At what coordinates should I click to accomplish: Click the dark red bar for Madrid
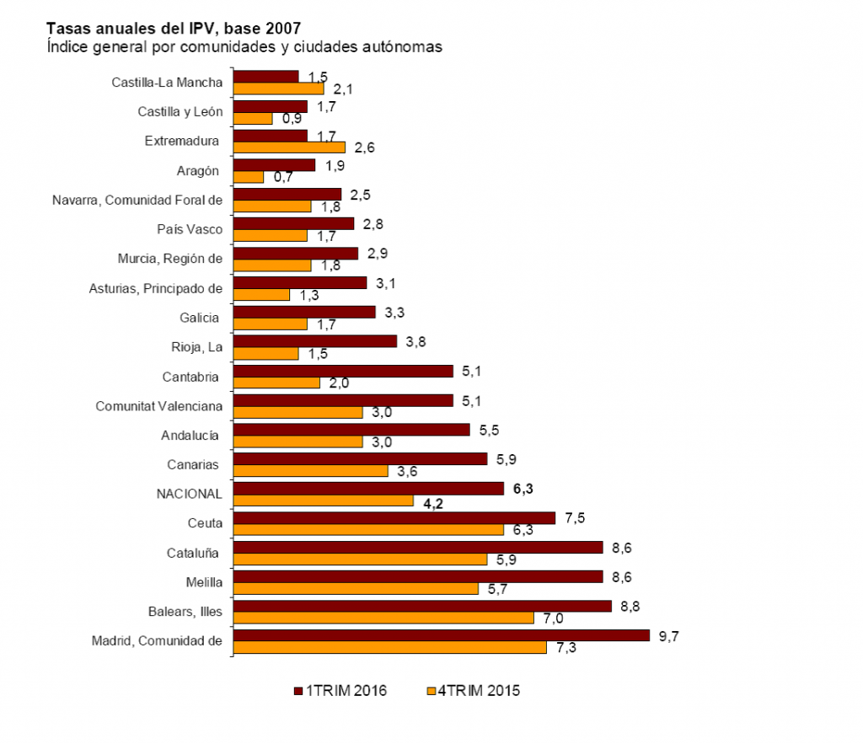click(441, 634)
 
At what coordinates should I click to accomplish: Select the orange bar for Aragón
click(248, 177)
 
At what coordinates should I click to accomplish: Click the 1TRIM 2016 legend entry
click(340, 691)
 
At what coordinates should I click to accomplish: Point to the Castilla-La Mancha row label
click(167, 83)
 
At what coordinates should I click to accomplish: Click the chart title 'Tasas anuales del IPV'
click(174, 28)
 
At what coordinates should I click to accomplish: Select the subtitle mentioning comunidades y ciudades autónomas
click(244, 46)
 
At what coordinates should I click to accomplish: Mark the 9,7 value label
click(668, 635)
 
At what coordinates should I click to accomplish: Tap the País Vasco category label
click(190, 229)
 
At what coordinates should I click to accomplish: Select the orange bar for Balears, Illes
click(383, 618)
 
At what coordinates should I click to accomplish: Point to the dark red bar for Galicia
click(303, 312)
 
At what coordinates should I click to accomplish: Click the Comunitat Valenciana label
click(159, 406)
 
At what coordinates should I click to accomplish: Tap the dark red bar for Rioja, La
click(314, 341)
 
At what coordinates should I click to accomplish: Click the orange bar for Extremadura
click(289, 147)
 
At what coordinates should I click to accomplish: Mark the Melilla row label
click(203, 582)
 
